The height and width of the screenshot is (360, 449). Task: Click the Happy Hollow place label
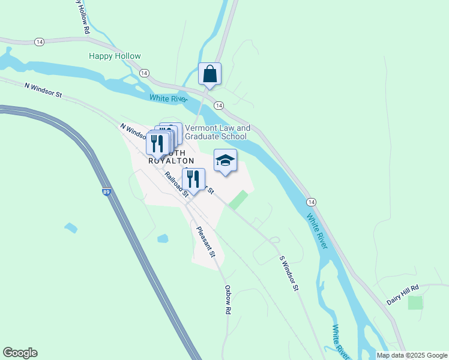click(x=115, y=56)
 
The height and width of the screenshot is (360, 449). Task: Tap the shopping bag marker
click(x=209, y=74)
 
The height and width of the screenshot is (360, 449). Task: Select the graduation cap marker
click(x=225, y=160)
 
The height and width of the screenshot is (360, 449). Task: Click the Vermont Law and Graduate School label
click(x=217, y=132)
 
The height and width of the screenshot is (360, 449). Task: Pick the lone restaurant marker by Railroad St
click(x=193, y=179)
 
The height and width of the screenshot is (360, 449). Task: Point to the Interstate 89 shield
click(x=106, y=192)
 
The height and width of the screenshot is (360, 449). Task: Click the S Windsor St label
click(x=289, y=273)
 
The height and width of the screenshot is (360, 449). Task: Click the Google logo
click(x=20, y=353)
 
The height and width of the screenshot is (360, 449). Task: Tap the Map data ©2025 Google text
click(x=412, y=355)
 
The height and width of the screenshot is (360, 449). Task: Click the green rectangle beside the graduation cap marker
click(x=238, y=200)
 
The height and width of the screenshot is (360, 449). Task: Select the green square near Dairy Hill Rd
click(x=415, y=302)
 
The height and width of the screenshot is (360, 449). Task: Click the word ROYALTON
click(x=171, y=161)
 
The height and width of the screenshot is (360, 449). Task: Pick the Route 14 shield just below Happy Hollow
click(x=144, y=73)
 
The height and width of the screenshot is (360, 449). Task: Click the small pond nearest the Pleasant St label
click(x=163, y=238)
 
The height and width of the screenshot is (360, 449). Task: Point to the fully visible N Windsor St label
click(x=44, y=90)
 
